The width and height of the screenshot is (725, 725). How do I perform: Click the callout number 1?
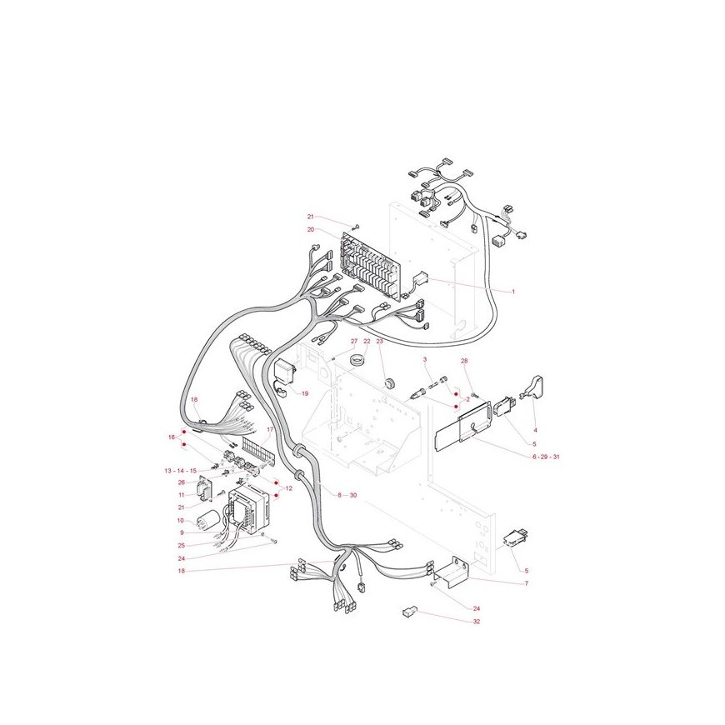pyautogui.click(x=512, y=292)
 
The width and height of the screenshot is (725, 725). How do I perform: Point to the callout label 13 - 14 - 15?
pyautogui.click(x=180, y=471)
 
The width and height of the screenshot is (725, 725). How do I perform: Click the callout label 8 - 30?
pyautogui.click(x=347, y=495)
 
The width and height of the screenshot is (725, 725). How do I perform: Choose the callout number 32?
pyautogui.click(x=476, y=622)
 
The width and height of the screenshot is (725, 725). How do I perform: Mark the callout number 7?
pyautogui.click(x=526, y=583)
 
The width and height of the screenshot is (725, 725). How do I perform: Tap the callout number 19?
pyautogui.click(x=305, y=394)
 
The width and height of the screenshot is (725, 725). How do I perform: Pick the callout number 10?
pyautogui.click(x=180, y=521)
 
